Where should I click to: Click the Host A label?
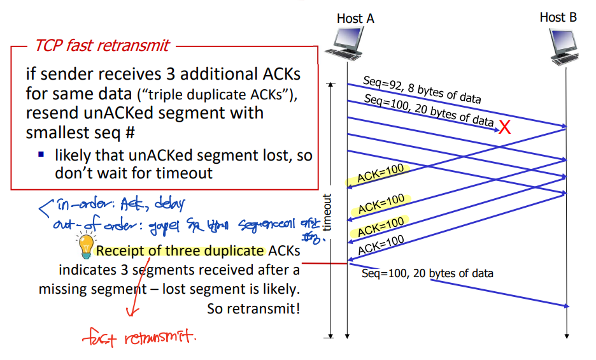[355, 18]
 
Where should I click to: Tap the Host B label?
[558, 17]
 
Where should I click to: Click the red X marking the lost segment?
[504, 127]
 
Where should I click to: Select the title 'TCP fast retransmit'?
[102, 45]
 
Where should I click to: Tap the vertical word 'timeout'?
[328, 212]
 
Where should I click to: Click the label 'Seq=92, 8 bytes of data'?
[422, 90]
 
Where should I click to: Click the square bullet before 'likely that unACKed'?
[41, 154]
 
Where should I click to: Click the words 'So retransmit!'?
[253, 309]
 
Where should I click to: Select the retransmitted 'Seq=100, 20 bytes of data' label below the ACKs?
[427, 273]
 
